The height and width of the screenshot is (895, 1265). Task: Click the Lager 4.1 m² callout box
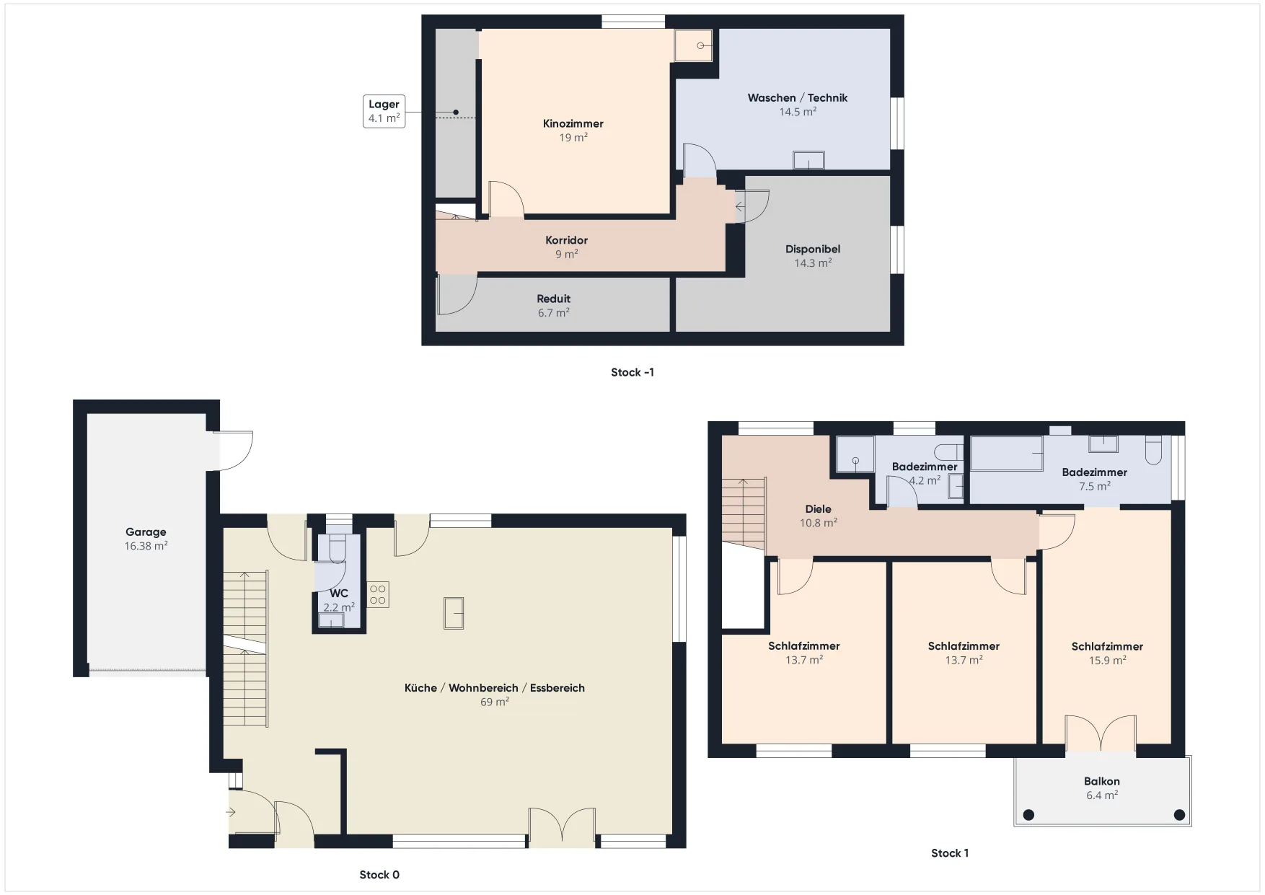pyautogui.click(x=384, y=111)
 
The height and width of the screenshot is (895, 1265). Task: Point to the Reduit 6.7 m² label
pyautogui.click(x=554, y=306)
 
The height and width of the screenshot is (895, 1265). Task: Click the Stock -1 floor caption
pyautogui.click(x=632, y=372)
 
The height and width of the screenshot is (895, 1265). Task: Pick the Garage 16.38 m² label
pyautogui.click(x=146, y=539)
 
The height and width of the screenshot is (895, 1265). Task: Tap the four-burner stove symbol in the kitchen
pyautogui.click(x=378, y=594)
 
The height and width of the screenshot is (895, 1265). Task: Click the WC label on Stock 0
pyautogui.click(x=339, y=594)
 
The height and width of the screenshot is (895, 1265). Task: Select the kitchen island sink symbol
pyautogui.click(x=454, y=613)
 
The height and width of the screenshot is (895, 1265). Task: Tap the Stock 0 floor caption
pyautogui.click(x=379, y=875)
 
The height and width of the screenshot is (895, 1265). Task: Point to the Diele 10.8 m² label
pyautogui.click(x=819, y=516)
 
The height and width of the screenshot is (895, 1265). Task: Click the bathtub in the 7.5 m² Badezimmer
pyautogui.click(x=1007, y=454)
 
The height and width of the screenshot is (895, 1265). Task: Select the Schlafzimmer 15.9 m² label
pyautogui.click(x=1107, y=653)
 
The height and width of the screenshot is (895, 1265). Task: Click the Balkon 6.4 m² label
pyautogui.click(x=1102, y=788)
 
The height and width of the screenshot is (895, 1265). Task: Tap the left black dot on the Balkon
pyautogui.click(x=1029, y=815)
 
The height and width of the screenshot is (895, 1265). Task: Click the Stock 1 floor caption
pyautogui.click(x=950, y=853)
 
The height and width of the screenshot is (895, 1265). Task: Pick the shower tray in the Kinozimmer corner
pyautogui.click(x=693, y=45)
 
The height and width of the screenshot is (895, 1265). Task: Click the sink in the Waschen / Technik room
pyautogui.click(x=808, y=159)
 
